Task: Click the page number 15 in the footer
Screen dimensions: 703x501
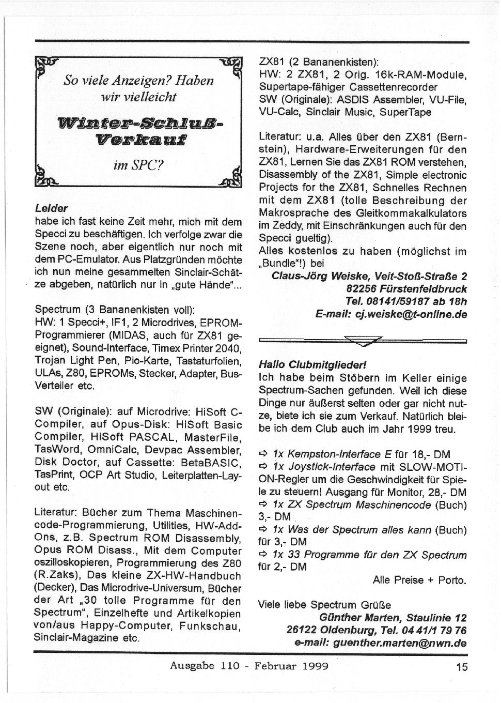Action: click(x=462, y=666)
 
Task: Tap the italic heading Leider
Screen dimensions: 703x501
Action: click(x=51, y=209)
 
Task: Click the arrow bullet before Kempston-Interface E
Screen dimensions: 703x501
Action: click(x=262, y=455)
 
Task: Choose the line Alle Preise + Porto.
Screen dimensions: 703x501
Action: click(x=419, y=580)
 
